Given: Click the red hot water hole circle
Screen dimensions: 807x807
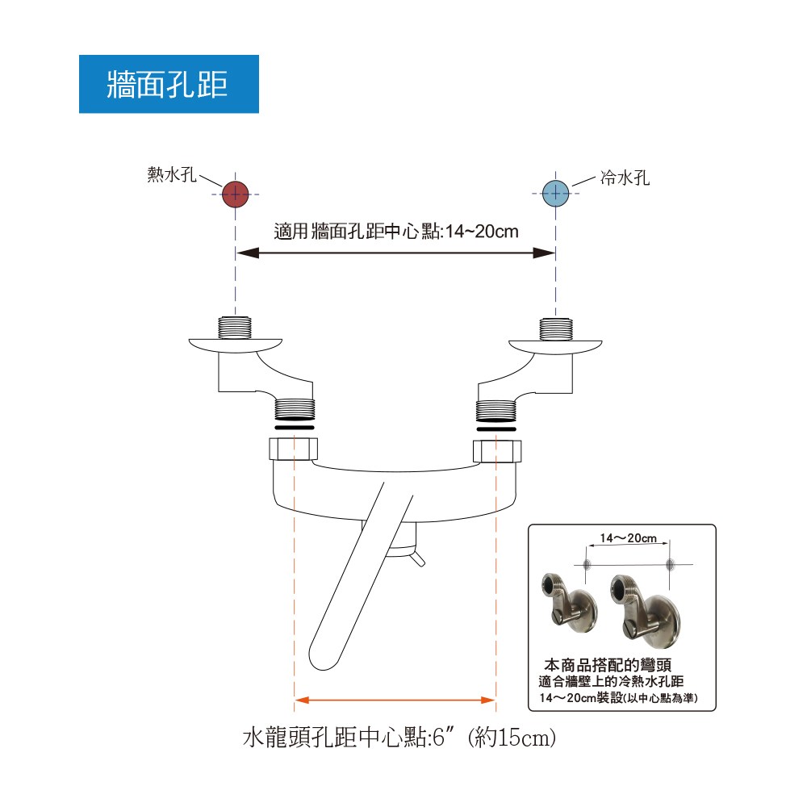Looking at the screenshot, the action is pos(235,194).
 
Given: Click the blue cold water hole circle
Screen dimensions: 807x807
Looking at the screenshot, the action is pos(556,194).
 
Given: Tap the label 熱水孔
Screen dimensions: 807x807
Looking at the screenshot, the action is pos(172,174).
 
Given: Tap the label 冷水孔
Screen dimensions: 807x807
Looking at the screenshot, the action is pos(625,178).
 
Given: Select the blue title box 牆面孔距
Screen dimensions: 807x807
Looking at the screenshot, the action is pos(169,84).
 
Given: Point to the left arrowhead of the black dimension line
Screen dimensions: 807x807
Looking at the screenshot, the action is pos(248,253).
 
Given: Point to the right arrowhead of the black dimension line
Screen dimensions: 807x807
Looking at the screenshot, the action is pos(544,253).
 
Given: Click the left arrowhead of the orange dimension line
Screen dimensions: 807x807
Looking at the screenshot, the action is pos(302,700).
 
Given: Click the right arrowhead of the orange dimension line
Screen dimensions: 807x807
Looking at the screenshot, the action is pos(488,700).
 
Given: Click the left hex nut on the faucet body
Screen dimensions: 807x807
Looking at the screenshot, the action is pos(294,449).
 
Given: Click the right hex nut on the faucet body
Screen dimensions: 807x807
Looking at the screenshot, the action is pos(497,451).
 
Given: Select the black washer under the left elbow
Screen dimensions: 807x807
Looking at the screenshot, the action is pos(295,428).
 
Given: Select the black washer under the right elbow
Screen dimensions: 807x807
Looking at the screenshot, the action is pos(496,429).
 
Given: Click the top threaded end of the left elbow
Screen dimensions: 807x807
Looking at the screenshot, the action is pos(235,328).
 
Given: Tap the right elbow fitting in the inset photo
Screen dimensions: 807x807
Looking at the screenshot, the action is pos(643,608).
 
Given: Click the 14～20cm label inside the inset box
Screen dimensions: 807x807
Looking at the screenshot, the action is pos(629,538).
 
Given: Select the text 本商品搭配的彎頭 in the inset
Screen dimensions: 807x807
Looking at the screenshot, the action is pos(608,665).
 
